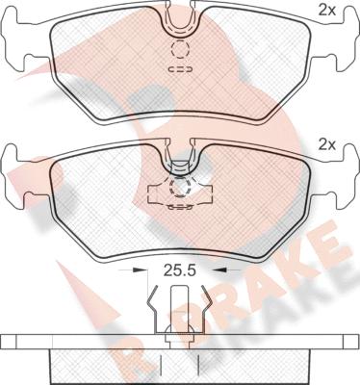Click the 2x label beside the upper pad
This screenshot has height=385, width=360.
[x=326, y=12]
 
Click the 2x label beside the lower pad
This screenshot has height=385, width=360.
[x=326, y=145]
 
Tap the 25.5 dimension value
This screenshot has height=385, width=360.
[x=180, y=270]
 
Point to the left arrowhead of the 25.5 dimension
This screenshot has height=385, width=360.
[x=139, y=270]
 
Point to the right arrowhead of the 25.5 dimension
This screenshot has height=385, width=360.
[x=221, y=270]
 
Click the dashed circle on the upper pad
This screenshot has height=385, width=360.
[x=179, y=50]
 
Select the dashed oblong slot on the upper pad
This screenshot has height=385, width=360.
[x=180, y=69]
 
